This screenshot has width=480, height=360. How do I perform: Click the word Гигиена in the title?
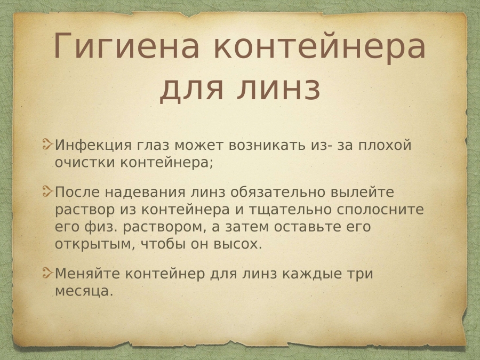coord(126,46)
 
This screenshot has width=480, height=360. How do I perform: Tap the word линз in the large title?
coord(278,89)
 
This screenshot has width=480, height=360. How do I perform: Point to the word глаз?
coord(153,146)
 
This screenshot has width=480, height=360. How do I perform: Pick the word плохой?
coord(385,146)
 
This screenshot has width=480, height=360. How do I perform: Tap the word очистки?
coord(85,162)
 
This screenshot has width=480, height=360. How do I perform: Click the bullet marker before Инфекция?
coord(48,144)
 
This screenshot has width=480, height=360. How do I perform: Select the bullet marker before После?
coord(48,191)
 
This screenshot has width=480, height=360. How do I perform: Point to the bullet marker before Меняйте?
coord(48,272)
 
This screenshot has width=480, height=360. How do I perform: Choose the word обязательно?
coord(278,192)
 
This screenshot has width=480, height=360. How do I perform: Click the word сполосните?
coord(380,210)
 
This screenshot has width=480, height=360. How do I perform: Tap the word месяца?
coord(84,291)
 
